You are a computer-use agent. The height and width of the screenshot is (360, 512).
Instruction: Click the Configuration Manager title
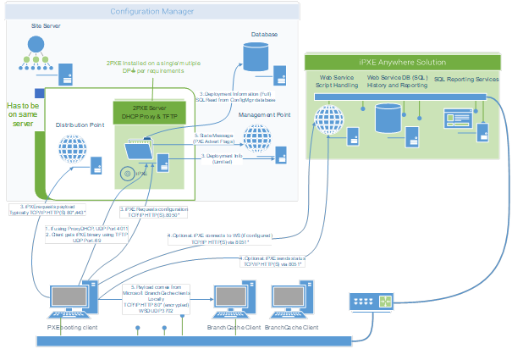pyautogui.click(x=151, y=11)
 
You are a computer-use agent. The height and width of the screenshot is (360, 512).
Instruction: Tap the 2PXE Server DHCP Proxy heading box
pyautogui.click(x=149, y=114)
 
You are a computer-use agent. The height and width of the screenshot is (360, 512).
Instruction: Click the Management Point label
pyautogui.click(x=265, y=114)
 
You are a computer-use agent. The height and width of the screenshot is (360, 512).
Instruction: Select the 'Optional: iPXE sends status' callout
pyautogui.click(x=271, y=261)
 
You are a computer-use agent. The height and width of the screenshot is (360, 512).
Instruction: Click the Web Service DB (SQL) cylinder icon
pyautogui.click(x=389, y=118)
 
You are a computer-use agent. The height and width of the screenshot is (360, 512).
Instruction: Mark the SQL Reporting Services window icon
pyautogui.click(x=457, y=114)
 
